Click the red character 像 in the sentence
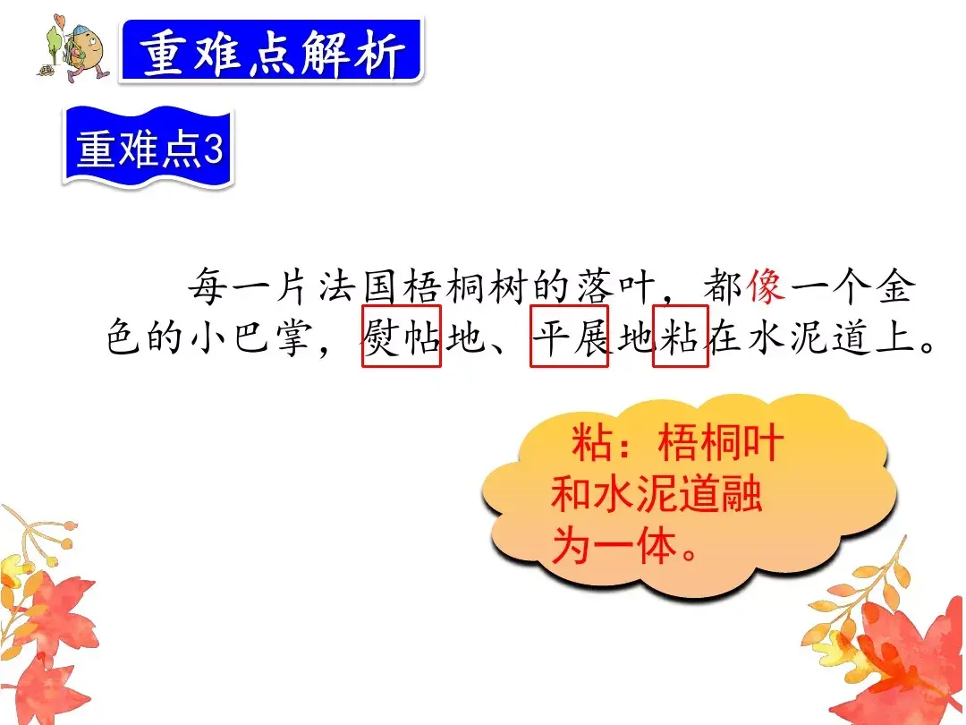tap(767, 286)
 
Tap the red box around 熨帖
tap(402, 337)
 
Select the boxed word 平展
tap(570, 337)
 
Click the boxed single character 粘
tap(681, 337)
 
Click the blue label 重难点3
tap(148, 149)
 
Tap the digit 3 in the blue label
tap(212, 149)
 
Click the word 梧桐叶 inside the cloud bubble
tap(721, 445)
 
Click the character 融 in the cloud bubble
tap(741, 495)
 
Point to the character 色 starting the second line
tap(126, 338)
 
